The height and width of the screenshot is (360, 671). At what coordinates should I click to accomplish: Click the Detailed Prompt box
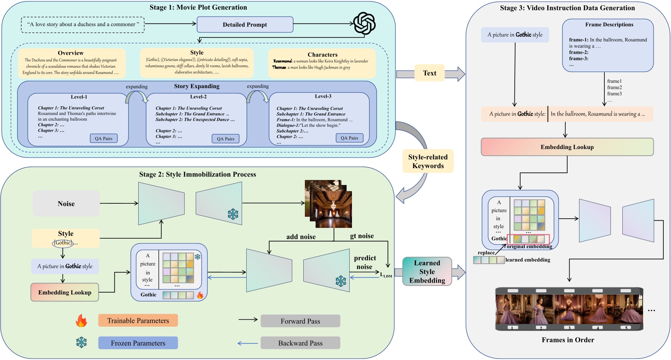click(245, 25)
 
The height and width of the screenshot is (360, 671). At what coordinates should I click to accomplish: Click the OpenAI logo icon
click(364, 24)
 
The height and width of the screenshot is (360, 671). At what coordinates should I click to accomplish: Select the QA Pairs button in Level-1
click(103, 138)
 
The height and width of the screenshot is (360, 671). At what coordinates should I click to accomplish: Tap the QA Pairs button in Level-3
click(349, 138)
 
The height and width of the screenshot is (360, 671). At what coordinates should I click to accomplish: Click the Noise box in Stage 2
click(66, 204)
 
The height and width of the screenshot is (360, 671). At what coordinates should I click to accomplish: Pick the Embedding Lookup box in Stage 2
click(65, 292)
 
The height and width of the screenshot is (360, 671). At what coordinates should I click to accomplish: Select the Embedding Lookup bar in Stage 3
click(567, 147)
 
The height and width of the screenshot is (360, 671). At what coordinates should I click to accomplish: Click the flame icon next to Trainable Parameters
click(81, 321)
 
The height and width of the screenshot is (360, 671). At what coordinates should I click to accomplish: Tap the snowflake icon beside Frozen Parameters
click(81, 343)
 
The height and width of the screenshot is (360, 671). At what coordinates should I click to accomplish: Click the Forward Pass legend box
click(300, 321)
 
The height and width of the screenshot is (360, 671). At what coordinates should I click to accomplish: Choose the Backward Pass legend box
click(300, 343)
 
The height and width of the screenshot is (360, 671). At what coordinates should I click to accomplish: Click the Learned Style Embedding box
click(427, 272)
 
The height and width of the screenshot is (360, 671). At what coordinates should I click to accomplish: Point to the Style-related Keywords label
click(428, 161)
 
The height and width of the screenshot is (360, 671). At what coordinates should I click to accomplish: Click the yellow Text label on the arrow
click(429, 73)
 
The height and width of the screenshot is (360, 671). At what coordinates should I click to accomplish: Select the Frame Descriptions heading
click(609, 25)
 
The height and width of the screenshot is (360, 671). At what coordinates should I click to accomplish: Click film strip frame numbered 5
click(628, 309)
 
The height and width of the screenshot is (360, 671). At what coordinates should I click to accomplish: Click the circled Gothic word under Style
click(63, 243)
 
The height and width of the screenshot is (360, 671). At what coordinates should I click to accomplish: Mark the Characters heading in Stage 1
click(322, 55)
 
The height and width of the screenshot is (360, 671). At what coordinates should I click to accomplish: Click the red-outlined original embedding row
click(528, 239)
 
